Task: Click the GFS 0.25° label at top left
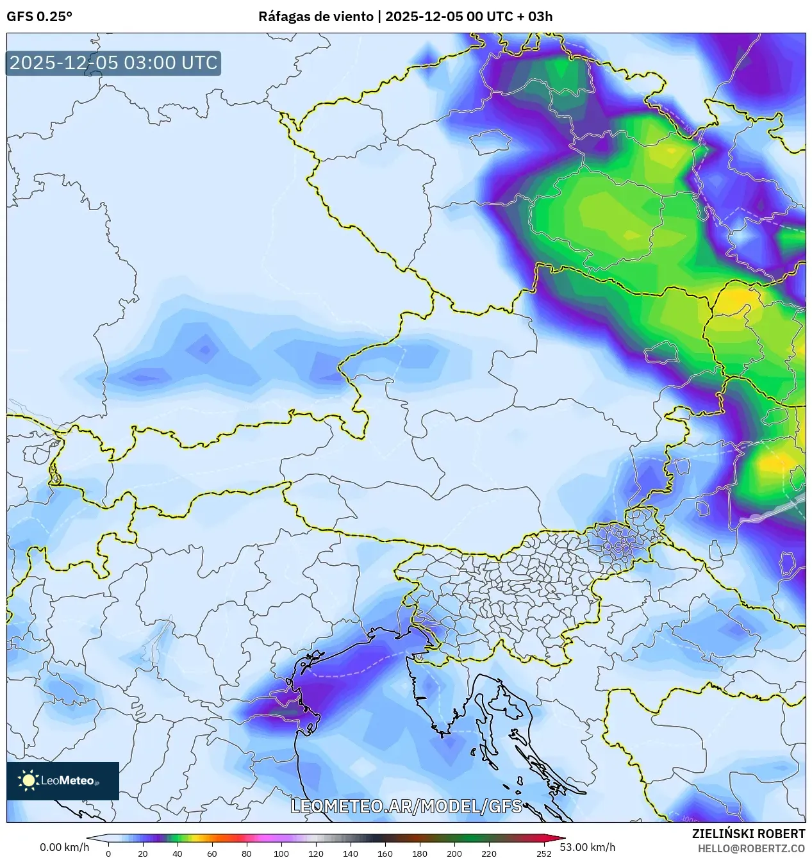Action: tap(39, 17)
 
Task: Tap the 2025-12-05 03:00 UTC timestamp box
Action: tap(113, 63)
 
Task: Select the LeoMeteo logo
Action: tap(63, 780)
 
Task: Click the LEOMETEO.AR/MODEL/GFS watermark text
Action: tap(406, 805)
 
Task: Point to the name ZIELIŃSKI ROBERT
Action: tap(748, 834)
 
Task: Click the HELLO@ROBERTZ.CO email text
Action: tap(751, 848)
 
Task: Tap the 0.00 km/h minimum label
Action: tap(64, 847)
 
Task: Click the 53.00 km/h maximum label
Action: tap(588, 847)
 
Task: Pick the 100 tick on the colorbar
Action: tap(281, 853)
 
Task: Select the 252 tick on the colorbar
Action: tap(544, 853)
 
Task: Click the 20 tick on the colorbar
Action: tap(143, 853)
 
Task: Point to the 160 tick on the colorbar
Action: tap(385, 853)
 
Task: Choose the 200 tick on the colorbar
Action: tap(454, 853)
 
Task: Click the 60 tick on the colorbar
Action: tap(212, 853)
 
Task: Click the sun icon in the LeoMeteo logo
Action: tap(28, 780)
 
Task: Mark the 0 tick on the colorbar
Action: tap(108, 853)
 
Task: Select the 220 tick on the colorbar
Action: tap(489, 853)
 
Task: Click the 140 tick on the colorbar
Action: tap(351, 853)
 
